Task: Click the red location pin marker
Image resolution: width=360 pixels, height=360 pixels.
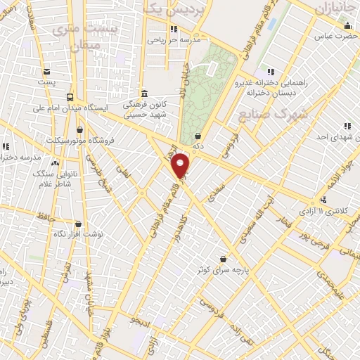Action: (181, 166)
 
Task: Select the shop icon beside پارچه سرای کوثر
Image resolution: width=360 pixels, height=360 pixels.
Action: (224, 258)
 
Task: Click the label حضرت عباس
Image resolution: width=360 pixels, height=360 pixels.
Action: (333, 35)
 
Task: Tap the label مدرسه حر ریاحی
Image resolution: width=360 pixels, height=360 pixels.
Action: (165, 40)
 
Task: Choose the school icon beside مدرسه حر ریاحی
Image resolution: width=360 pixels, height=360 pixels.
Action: (174, 29)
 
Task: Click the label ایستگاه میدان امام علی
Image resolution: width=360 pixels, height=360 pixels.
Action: (69, 109)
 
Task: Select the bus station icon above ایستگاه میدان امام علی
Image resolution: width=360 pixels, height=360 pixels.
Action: (69, 97)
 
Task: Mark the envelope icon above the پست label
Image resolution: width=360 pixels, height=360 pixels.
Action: (46, 71)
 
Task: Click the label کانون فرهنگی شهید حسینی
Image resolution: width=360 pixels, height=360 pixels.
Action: (143, 109)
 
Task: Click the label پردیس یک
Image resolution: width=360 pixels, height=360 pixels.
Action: (173, 8)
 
